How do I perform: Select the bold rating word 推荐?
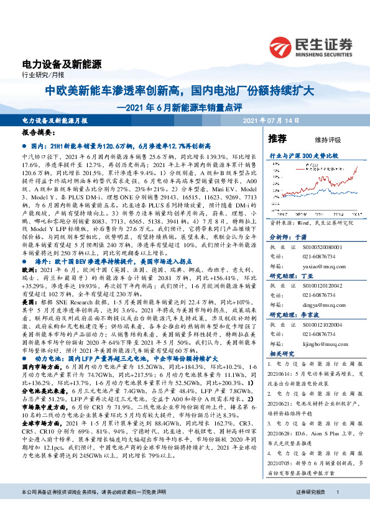[x=277, y=139]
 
